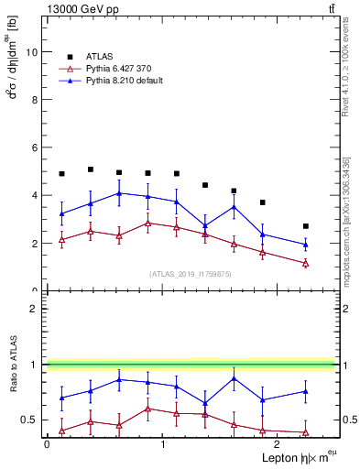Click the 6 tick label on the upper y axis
(x=36, y=147)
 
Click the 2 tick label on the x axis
(x=276, y=444)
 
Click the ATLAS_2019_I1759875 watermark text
(x=191, y=273)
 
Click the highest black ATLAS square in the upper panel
(x=91, y=169)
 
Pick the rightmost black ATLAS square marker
(x=306, y=226)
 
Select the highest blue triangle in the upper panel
(x=119, y=193)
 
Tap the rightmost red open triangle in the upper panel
(x=306, y=264)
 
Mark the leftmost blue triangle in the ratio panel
(x=61, y=398)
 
